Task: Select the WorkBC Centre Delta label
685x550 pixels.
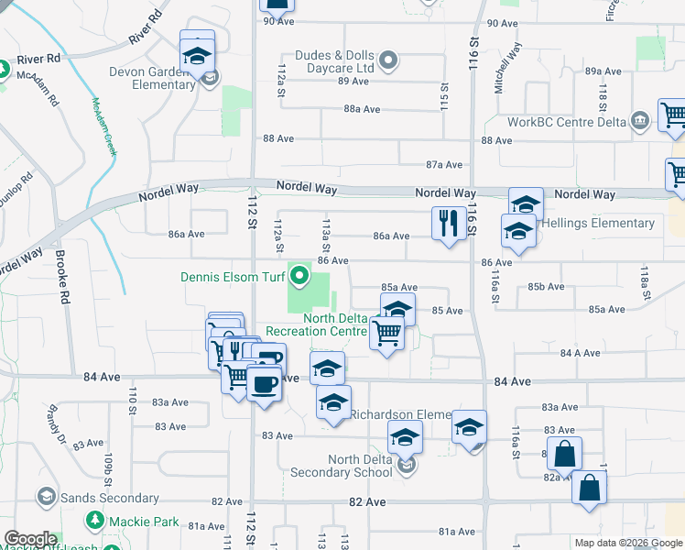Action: coord(567,122)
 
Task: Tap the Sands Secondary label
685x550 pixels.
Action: coord(109,499)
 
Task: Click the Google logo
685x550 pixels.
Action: coord(30,539)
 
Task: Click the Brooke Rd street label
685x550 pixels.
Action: coord(61,277)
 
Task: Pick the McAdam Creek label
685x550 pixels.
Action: coord(103,128)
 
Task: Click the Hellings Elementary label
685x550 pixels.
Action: coord(598,223)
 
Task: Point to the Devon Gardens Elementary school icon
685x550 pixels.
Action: coord(197,57)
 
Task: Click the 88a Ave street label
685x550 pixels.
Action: coord(362,109)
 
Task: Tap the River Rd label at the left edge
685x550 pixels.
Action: coord(41,58)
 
